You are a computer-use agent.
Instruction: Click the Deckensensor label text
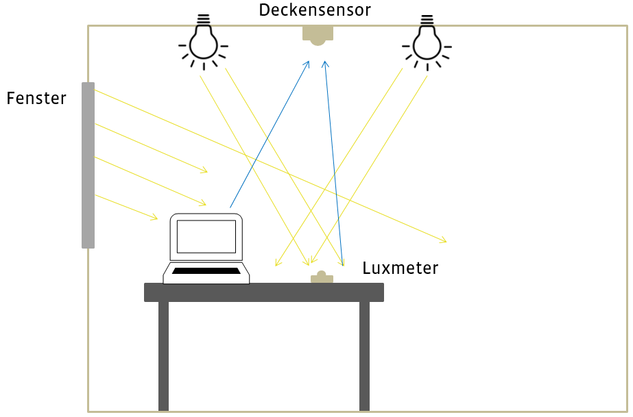(x=315, y=10)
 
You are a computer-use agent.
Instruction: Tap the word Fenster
(x=36, y=99)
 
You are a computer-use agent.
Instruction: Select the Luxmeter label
(x=400, y=268)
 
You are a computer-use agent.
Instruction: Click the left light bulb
(x=203, y=43)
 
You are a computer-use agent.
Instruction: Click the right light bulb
(x=427, y=43)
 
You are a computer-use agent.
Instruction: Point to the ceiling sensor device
(x=318, y=34)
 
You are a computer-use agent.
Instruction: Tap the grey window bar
(x=88, y=165)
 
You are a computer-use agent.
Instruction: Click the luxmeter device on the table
(x=322, y=278)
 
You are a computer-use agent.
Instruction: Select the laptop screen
(x=206, y=236)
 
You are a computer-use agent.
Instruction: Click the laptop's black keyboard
(x=206, y=271)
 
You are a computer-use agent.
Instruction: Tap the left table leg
(x=163, y=356)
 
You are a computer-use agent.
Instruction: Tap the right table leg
(x=364, y=356)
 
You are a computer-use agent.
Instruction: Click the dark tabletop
(x=264, y=292)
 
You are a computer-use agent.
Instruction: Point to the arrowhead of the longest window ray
(x=445, y=241)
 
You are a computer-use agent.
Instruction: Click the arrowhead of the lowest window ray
(x=156, y=218)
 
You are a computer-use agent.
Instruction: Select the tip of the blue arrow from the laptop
(x=309, y=62)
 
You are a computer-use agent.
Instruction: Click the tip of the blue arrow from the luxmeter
(x=325, y=62)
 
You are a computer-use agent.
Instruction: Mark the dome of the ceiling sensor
(x=318, y=41)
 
